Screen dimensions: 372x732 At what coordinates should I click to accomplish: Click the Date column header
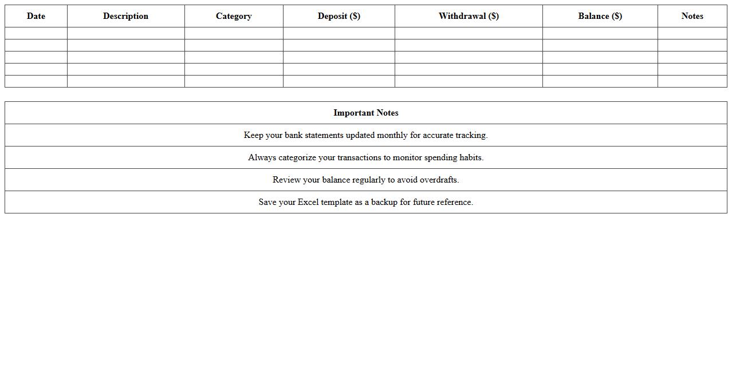point(36,16)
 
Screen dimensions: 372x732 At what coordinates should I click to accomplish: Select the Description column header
point(125,16)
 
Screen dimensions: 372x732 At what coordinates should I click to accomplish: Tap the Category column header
point(234,16)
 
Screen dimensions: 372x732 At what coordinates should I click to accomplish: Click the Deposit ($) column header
point(339,16)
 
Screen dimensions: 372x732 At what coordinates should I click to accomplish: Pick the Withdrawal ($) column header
point(469,16)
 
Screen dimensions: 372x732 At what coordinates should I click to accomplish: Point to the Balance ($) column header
point(600,16)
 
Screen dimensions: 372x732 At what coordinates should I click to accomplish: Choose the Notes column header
point(692,16)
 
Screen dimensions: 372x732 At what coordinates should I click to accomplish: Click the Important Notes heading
point(366,113)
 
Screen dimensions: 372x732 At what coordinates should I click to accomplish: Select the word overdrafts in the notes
point(439,180)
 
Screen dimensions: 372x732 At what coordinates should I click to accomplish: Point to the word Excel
point(308,202)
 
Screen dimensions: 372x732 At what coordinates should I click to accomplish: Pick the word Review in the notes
point(286,180)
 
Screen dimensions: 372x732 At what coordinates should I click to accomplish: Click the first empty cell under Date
point(36,33)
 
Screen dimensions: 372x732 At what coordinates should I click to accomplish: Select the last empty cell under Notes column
point(692,81)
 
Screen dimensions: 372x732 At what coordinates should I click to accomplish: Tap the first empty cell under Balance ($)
point(600,33)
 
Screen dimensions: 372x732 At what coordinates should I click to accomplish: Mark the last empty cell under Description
point(125,81)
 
